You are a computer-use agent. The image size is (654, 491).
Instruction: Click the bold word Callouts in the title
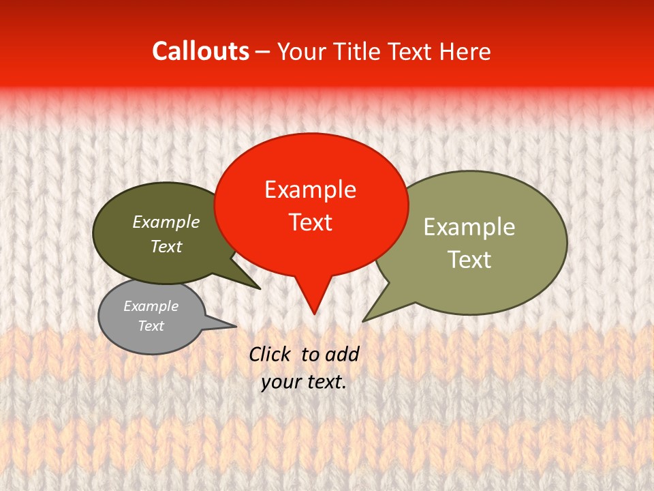click(x=200, y=51)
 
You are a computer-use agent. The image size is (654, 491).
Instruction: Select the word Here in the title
click(x=465, y=51)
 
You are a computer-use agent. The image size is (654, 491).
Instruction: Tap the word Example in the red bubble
click(x=310, y=190)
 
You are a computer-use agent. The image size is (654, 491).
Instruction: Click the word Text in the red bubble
click(x=310, y=222)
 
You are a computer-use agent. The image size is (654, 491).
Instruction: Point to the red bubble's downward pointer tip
click(x=313, y=313)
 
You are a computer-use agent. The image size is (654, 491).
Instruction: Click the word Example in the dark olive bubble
click(x=166, y=222)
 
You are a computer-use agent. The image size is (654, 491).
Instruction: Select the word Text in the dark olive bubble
click(x=166, y=246)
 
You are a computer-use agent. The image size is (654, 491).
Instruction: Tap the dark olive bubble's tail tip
click(x=260, y=288)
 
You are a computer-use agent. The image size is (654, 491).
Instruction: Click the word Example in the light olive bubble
click(x=469, y=227)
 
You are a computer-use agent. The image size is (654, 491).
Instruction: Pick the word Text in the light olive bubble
click(x=469, y=260)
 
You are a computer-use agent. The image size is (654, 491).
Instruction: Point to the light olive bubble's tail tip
click(x=364, y=321)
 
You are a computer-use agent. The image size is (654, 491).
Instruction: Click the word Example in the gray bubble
click(x=151, y=306)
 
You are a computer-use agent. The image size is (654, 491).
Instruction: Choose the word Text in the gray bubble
click(x=151, y=326)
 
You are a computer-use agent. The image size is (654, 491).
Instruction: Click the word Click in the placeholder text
click(x=270, y=354)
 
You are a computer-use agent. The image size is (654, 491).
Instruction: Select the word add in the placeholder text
click(x=342, y=354)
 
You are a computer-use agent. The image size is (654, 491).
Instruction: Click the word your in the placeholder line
click(x=281, y=383)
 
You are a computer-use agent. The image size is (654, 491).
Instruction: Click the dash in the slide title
click(x=263, y=52)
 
